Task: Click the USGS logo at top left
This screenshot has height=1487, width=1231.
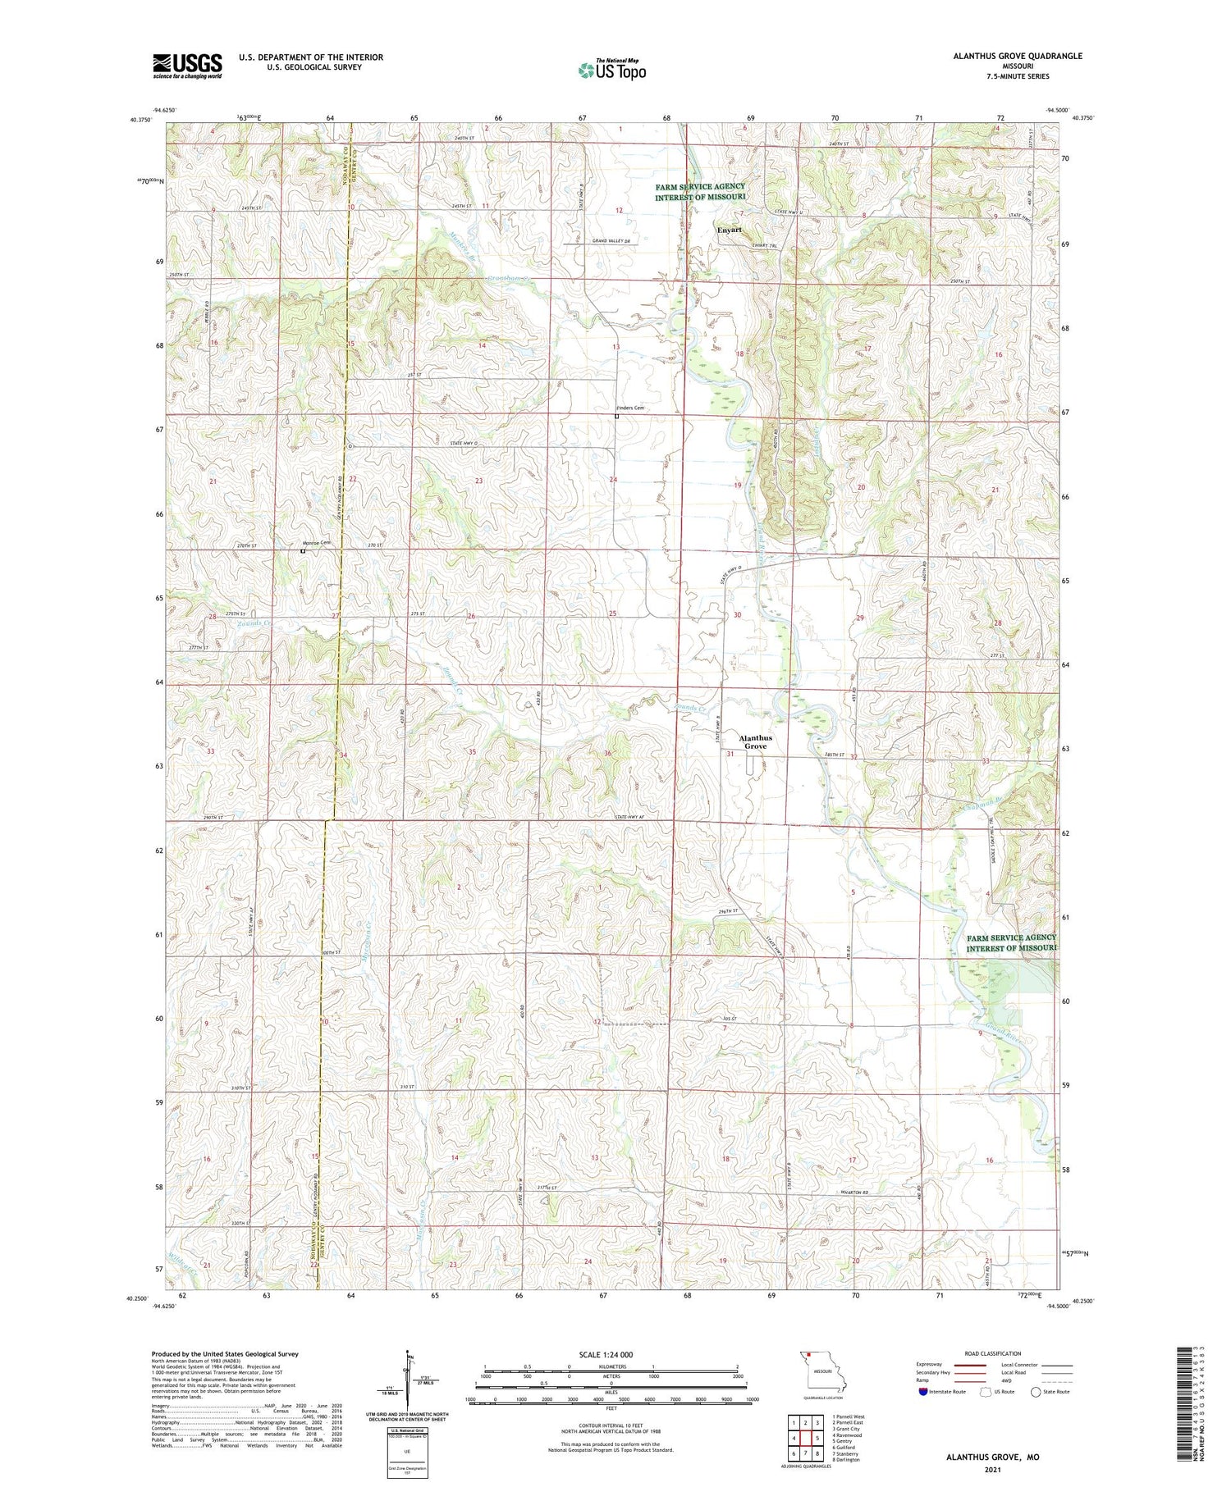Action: click(187, 66)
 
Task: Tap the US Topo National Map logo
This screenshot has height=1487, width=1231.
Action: click(611, 70)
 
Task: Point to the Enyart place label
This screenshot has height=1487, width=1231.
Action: click(729, 230)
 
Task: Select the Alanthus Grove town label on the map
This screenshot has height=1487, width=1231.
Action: click(755, 741)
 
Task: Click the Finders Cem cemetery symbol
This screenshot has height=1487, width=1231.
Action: click(617, 416)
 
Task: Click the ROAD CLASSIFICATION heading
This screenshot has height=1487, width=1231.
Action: click(993, 1353)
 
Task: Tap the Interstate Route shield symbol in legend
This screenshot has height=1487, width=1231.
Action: click(923, 1391)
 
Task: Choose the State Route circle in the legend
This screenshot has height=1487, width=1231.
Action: click(1036, 1391)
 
